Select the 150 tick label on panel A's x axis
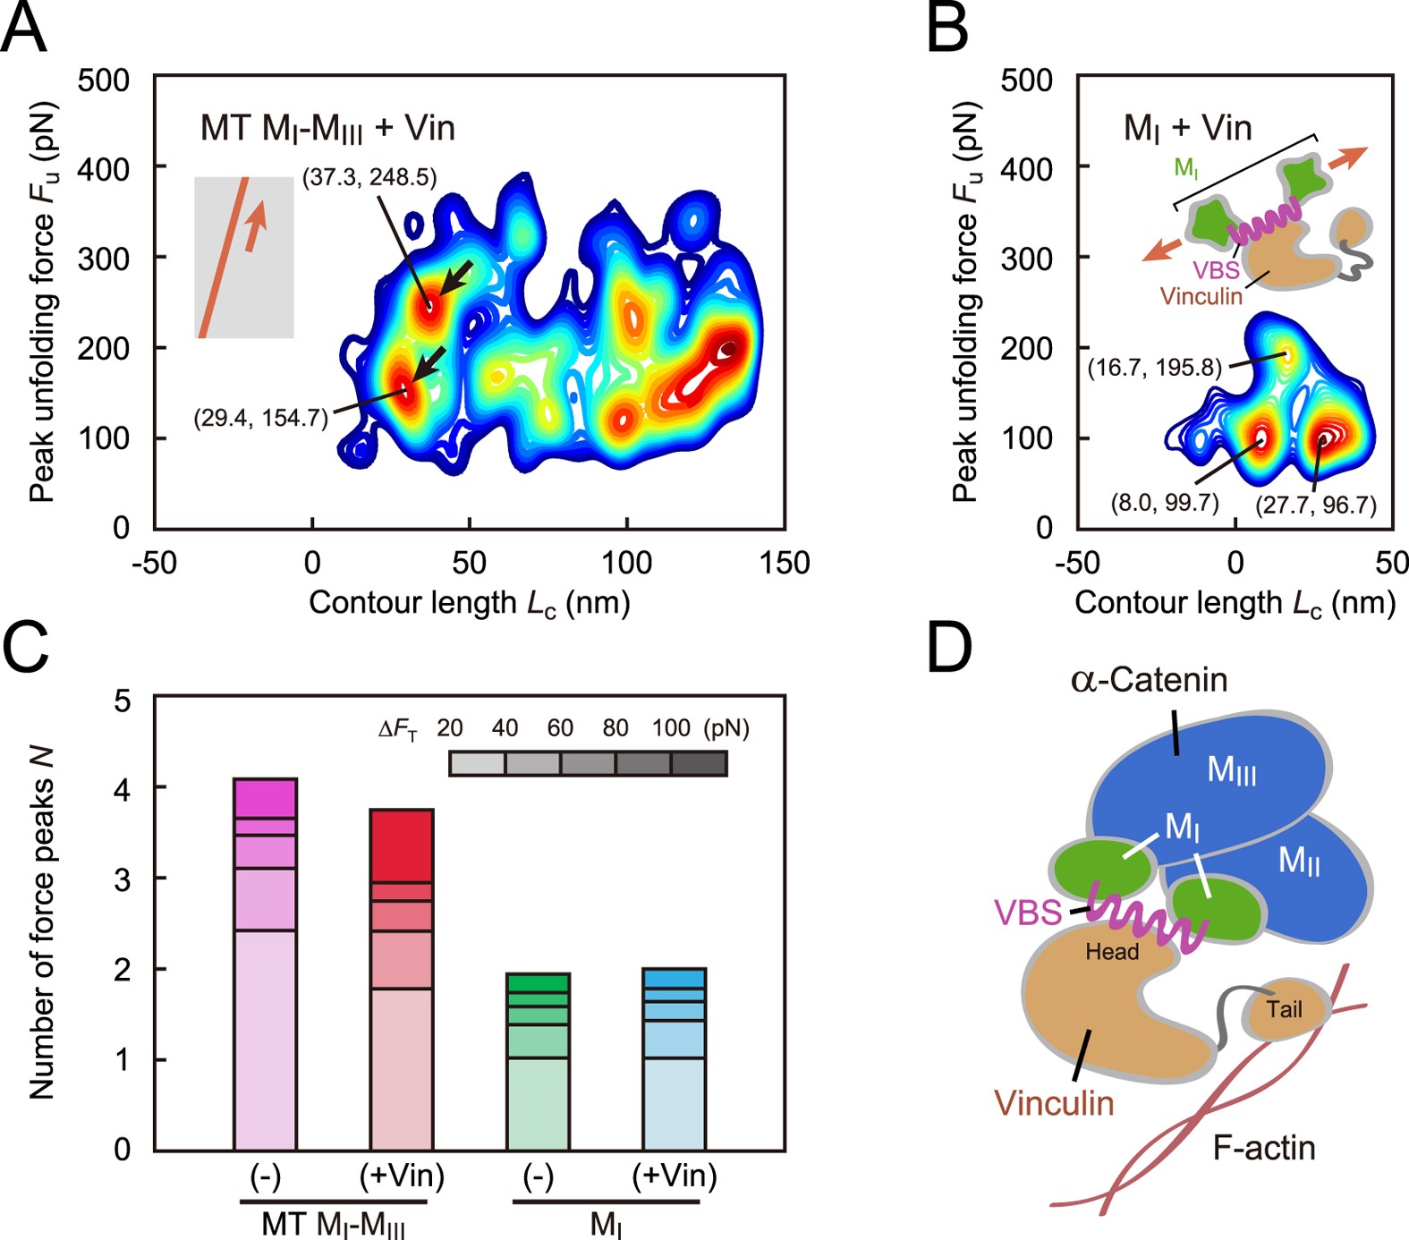[x=785, y=563]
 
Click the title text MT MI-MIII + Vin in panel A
[x=327, y=128]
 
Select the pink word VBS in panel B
[x=1216, y=270]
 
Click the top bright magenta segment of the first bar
[x=265, y=798]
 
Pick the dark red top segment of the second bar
[x=402, y=845]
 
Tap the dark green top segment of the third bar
[x=538, y=982]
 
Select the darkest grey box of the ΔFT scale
[x=699, y=763]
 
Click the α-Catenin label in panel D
[x=1150, y=681]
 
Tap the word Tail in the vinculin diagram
[x=1284, y=1010]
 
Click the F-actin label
[x=1264, y=1147]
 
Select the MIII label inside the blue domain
[x=1232, y=770]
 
